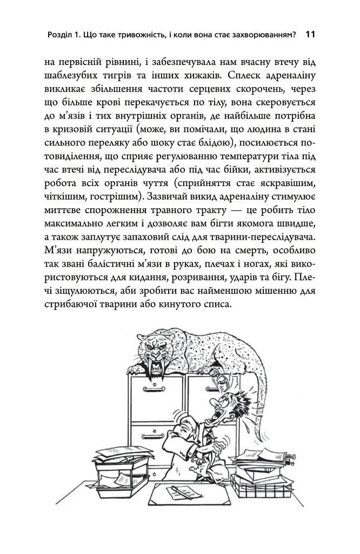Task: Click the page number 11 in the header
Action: [310, 35]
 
